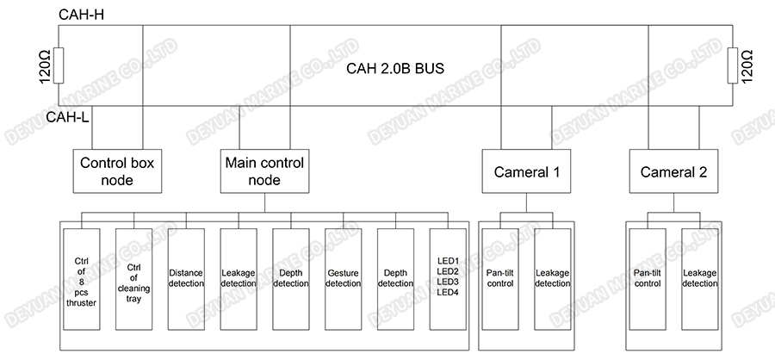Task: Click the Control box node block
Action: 121,171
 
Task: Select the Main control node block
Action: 263,171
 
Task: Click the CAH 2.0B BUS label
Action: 394,68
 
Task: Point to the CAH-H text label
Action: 80,14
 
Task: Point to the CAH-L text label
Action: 67,118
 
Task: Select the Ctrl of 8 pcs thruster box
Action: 82,278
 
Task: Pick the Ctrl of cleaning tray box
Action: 133,278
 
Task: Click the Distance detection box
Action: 186,278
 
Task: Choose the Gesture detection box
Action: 343,278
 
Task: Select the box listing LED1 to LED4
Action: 448,278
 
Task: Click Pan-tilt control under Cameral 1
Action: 500,278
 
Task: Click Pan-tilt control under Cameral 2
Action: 648,278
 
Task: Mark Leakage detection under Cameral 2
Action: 700,278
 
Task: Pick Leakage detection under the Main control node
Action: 238,278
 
